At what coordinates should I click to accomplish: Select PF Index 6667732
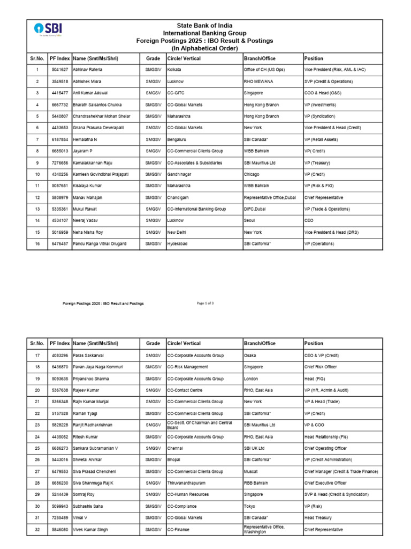point(59,105)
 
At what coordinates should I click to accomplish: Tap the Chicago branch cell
point(252,174)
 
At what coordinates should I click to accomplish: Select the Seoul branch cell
point(250,220)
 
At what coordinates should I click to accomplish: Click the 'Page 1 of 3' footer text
point(205,303)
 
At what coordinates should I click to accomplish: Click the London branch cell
point(251,379)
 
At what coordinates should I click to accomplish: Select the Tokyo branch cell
point(250,506)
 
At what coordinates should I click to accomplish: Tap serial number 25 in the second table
point(37,448)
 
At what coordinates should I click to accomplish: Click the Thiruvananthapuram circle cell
point(187,483)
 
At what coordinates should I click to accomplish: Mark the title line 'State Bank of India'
point(206,26)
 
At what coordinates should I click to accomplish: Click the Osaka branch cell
point(250,355)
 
